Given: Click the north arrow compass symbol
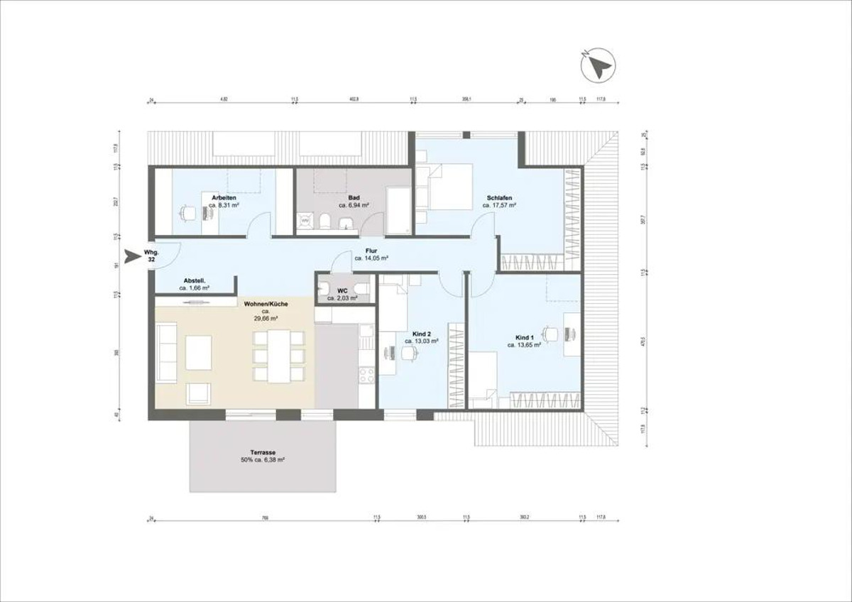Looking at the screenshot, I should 596,66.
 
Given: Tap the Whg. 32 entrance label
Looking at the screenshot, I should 151,256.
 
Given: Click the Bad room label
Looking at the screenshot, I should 354,197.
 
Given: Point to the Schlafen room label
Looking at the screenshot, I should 499,197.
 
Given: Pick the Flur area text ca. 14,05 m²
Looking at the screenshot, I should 371,259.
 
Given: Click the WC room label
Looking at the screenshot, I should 342,291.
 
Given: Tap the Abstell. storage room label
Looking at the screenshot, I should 195,280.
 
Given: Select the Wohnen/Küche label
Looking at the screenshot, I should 266,304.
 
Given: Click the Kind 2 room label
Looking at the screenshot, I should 422,333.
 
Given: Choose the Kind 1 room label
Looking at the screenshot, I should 525,337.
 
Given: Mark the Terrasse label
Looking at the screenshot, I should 262,452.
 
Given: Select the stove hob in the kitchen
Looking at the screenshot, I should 366,374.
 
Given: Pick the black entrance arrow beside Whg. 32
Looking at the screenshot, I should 131,256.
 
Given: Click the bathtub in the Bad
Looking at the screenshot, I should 398,210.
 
